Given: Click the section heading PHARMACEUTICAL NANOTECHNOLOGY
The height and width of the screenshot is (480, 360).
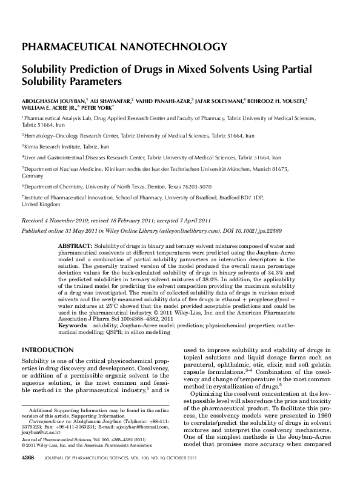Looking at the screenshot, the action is point(124,46).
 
